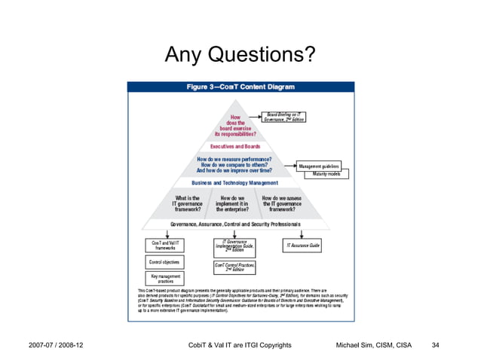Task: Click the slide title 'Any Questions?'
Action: point(240,54)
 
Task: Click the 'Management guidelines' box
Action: point(319,166)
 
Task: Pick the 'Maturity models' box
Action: point(326,174)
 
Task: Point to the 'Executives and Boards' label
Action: point(235,146)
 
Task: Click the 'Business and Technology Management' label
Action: point(235,183)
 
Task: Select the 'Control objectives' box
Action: point(164,262)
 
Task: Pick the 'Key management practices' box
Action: point(164,279)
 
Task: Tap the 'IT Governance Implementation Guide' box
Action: point(235,246)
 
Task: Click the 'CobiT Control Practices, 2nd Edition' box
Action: point(235,267)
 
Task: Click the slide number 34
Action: point(434,346)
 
